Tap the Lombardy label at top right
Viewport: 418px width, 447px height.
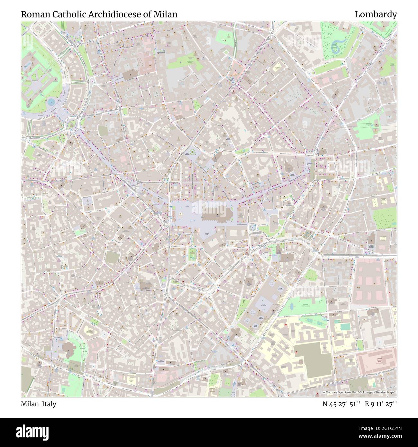coord(376,14)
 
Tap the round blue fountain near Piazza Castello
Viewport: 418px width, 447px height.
coord(51,102)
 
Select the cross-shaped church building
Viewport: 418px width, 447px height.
coord(236,335)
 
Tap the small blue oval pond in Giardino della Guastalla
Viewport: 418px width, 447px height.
coord(292,305)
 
